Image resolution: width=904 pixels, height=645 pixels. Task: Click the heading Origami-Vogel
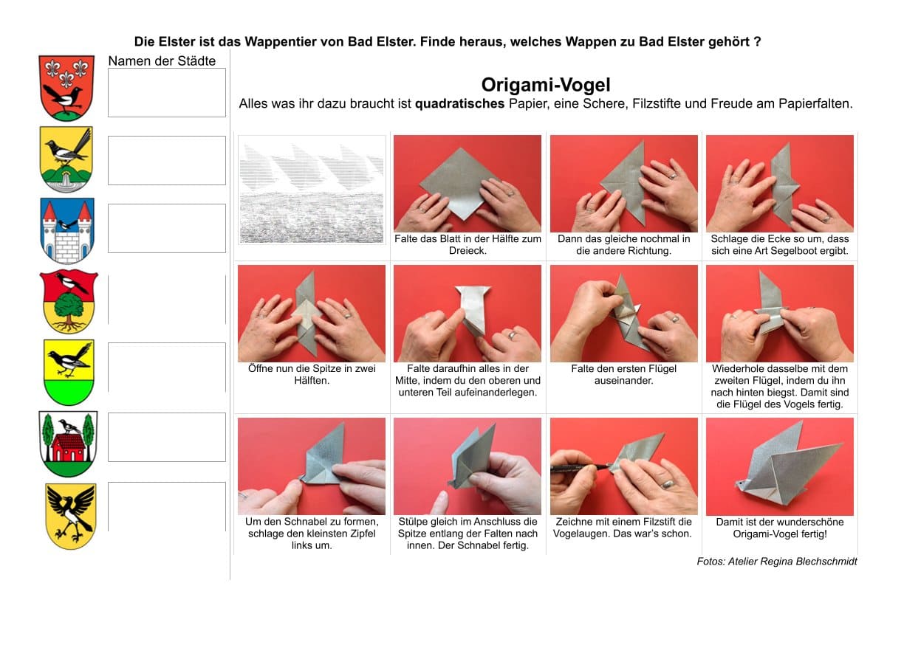coord(546,85)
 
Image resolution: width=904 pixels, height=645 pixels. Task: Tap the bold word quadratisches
coord(459,103)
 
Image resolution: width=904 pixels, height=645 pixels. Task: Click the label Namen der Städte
coord(162,61)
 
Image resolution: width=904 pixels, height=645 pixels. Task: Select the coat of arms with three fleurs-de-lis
coord(66,88)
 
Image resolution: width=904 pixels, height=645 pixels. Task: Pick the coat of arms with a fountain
coord(66,159)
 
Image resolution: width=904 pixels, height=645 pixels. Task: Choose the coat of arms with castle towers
coord(67,230)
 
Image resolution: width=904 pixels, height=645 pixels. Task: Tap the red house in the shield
coord(69,448)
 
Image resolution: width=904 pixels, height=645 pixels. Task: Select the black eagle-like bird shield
coord(71,517)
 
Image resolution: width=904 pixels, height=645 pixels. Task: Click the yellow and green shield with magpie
coord(69,373)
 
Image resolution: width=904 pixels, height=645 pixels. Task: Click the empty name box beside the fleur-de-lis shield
coord(167,93)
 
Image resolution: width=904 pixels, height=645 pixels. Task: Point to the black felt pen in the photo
coord(579,469)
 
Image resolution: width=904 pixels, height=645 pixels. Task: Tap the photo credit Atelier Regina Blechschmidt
coord(792,562)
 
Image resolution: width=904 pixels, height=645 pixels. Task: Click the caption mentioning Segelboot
coord(780,245)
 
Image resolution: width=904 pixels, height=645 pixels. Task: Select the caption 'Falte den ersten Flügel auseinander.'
coord(623,374)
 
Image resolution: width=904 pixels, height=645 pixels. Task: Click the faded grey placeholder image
coord(312,190)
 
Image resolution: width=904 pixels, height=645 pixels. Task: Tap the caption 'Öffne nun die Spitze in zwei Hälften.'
coord(312,374)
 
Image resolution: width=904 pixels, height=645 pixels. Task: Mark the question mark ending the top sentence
coord(757,41)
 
